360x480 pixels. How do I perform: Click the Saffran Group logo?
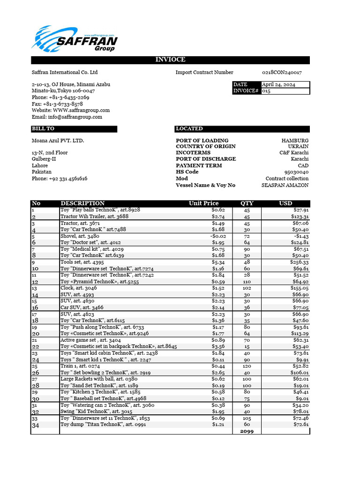tap(75, 39)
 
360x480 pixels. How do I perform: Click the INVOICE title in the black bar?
tap(170, 60)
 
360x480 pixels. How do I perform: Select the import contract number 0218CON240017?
tap(281, 73)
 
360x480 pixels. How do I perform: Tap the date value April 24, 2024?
tap(278, 84)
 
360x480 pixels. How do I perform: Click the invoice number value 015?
tap(266, 91)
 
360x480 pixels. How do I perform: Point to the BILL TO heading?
tap(43, 129)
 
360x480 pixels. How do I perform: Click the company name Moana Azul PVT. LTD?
tap(58, 141)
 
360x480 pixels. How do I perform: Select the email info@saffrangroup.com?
tap(67, 117)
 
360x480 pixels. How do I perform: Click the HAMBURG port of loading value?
tap(295, 141)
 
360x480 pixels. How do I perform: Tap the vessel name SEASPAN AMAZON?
tap(285, 185)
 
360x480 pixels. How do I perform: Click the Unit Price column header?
tap(203, 203)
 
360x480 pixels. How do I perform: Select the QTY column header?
tap(247, 203)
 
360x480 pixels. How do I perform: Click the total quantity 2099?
tap(247, 431)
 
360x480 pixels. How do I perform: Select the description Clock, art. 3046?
tap(79, 288)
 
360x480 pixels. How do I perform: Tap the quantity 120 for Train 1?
tap(247, 366)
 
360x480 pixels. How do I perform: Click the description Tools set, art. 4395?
tap(82, 262)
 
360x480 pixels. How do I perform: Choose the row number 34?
tap(36, 425)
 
